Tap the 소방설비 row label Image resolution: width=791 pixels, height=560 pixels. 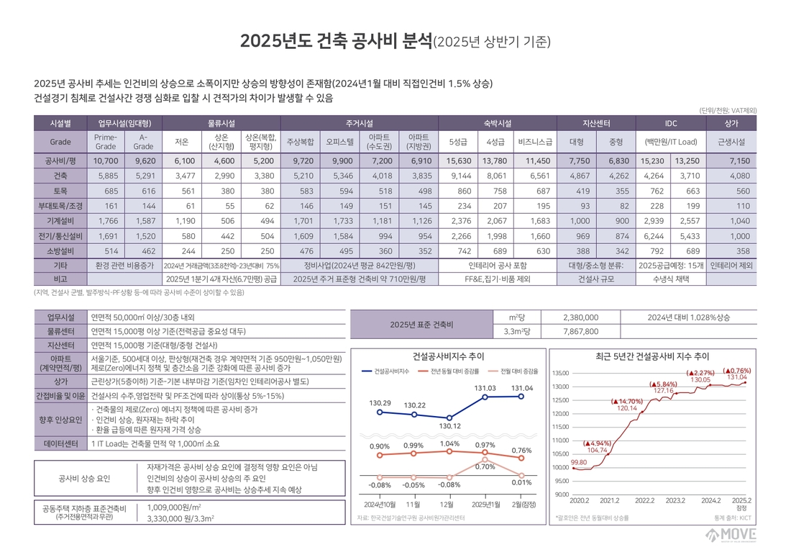pos(60,251)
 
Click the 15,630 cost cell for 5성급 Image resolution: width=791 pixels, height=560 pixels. pos(459,161)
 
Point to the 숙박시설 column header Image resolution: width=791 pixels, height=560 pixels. pos(496,123)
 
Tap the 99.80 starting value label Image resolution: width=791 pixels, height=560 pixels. pos(578,462)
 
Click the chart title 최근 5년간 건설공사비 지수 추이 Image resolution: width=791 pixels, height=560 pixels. pos(652,356)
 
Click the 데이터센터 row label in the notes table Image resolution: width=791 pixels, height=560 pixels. pos(60,444)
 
